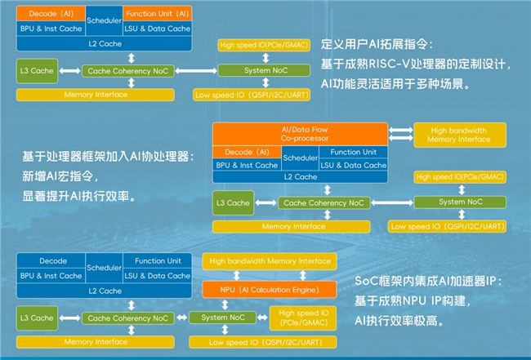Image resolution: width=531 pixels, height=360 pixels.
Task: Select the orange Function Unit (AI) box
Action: coord(158,14)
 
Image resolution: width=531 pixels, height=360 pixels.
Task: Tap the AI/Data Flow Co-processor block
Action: coord(300,135)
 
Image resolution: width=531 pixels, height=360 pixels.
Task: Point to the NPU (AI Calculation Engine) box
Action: coord(270,289)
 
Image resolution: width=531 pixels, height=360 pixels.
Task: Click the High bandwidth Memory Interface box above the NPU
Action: coord(270,261)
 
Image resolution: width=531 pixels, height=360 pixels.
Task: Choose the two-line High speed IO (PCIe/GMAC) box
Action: coord(303,317)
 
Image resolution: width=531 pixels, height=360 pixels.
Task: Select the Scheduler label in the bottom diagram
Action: coord(104,268)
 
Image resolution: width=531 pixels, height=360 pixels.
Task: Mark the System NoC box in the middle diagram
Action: coord(452,202)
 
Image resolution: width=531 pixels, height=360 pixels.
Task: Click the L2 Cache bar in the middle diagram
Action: coord(300,177)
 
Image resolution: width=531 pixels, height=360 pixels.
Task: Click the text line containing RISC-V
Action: coord(417,64)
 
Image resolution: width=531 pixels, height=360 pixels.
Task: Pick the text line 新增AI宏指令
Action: coord(61,176)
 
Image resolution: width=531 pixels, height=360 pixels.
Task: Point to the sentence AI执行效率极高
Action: coord(399,321)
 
